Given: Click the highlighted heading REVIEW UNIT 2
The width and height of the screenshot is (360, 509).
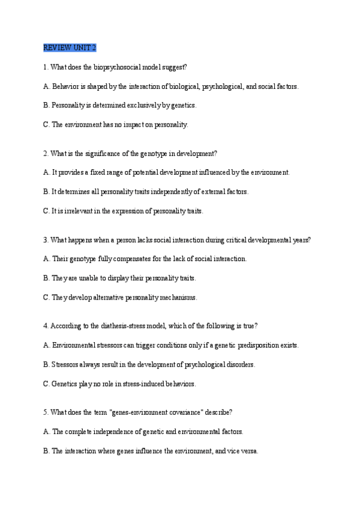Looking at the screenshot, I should point(70,47).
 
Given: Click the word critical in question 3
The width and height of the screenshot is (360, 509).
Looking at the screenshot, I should point(239,240).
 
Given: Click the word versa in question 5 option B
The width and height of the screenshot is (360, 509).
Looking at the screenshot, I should point(248,451).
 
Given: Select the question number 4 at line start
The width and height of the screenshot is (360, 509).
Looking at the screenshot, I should point(46,327).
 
